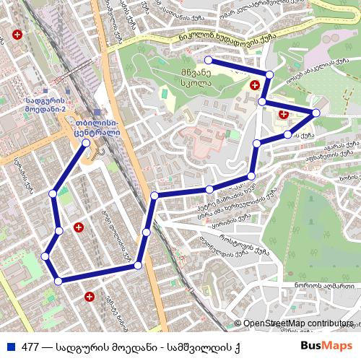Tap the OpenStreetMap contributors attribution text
click(297, 323)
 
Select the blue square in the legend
click(9, 345)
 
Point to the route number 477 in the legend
click(30, 345)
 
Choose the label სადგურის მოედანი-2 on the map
click(45, 105)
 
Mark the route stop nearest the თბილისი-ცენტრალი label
click(87, 143)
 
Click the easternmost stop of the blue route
click(316, 113)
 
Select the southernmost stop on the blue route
click(58, 280)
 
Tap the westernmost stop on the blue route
click(45, 256)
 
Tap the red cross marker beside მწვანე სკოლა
click(254, 85)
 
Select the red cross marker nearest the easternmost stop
click(283, 114)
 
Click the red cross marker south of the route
click(89, 296)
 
